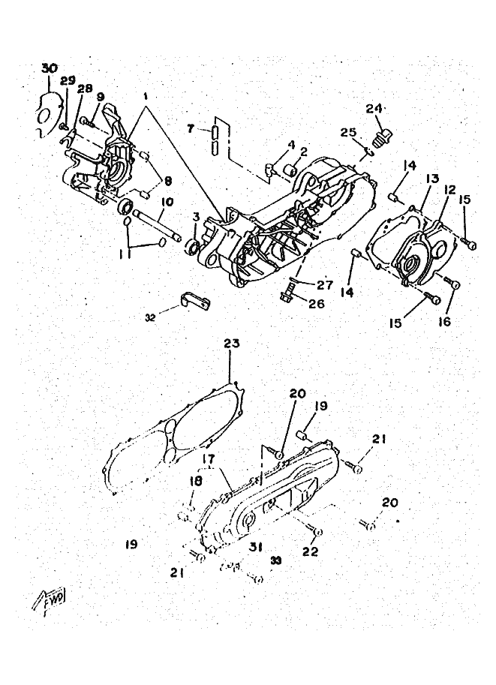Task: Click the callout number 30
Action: pos(49,68)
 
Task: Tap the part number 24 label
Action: pos(374,109)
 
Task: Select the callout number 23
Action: pos(232,344)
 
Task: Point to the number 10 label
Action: pos(166,202)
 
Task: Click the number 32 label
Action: pos(151,317)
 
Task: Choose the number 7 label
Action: pos(191,128)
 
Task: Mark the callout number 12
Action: pos(449,190)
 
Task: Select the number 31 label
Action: pos(256,547)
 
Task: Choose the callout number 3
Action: pos(195,218)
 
